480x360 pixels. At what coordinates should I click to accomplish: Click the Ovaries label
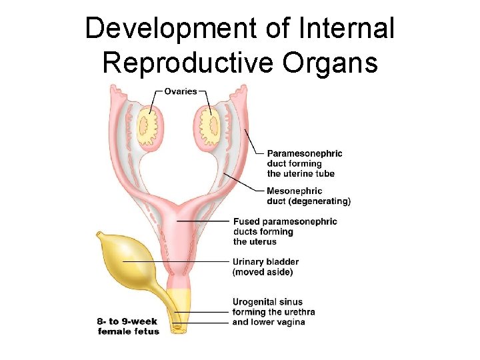pos(181,92)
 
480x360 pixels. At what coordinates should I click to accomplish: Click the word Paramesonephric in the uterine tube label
pos(305,153)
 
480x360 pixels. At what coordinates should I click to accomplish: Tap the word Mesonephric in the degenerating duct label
pos(294,191)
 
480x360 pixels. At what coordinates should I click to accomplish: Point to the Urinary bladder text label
pos(265,262)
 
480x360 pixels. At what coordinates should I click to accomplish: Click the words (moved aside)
pos(262,272)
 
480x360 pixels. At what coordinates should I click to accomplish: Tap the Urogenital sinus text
pos(267,302)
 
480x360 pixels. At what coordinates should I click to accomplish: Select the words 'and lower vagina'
pos(269,322)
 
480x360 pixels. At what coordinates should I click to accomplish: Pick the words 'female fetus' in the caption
pos(129,331)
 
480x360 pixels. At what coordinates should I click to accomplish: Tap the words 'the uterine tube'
pos(301,173)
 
